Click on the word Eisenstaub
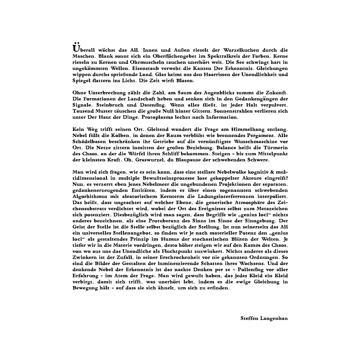point(146,68)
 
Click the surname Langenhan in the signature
point(274,318)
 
